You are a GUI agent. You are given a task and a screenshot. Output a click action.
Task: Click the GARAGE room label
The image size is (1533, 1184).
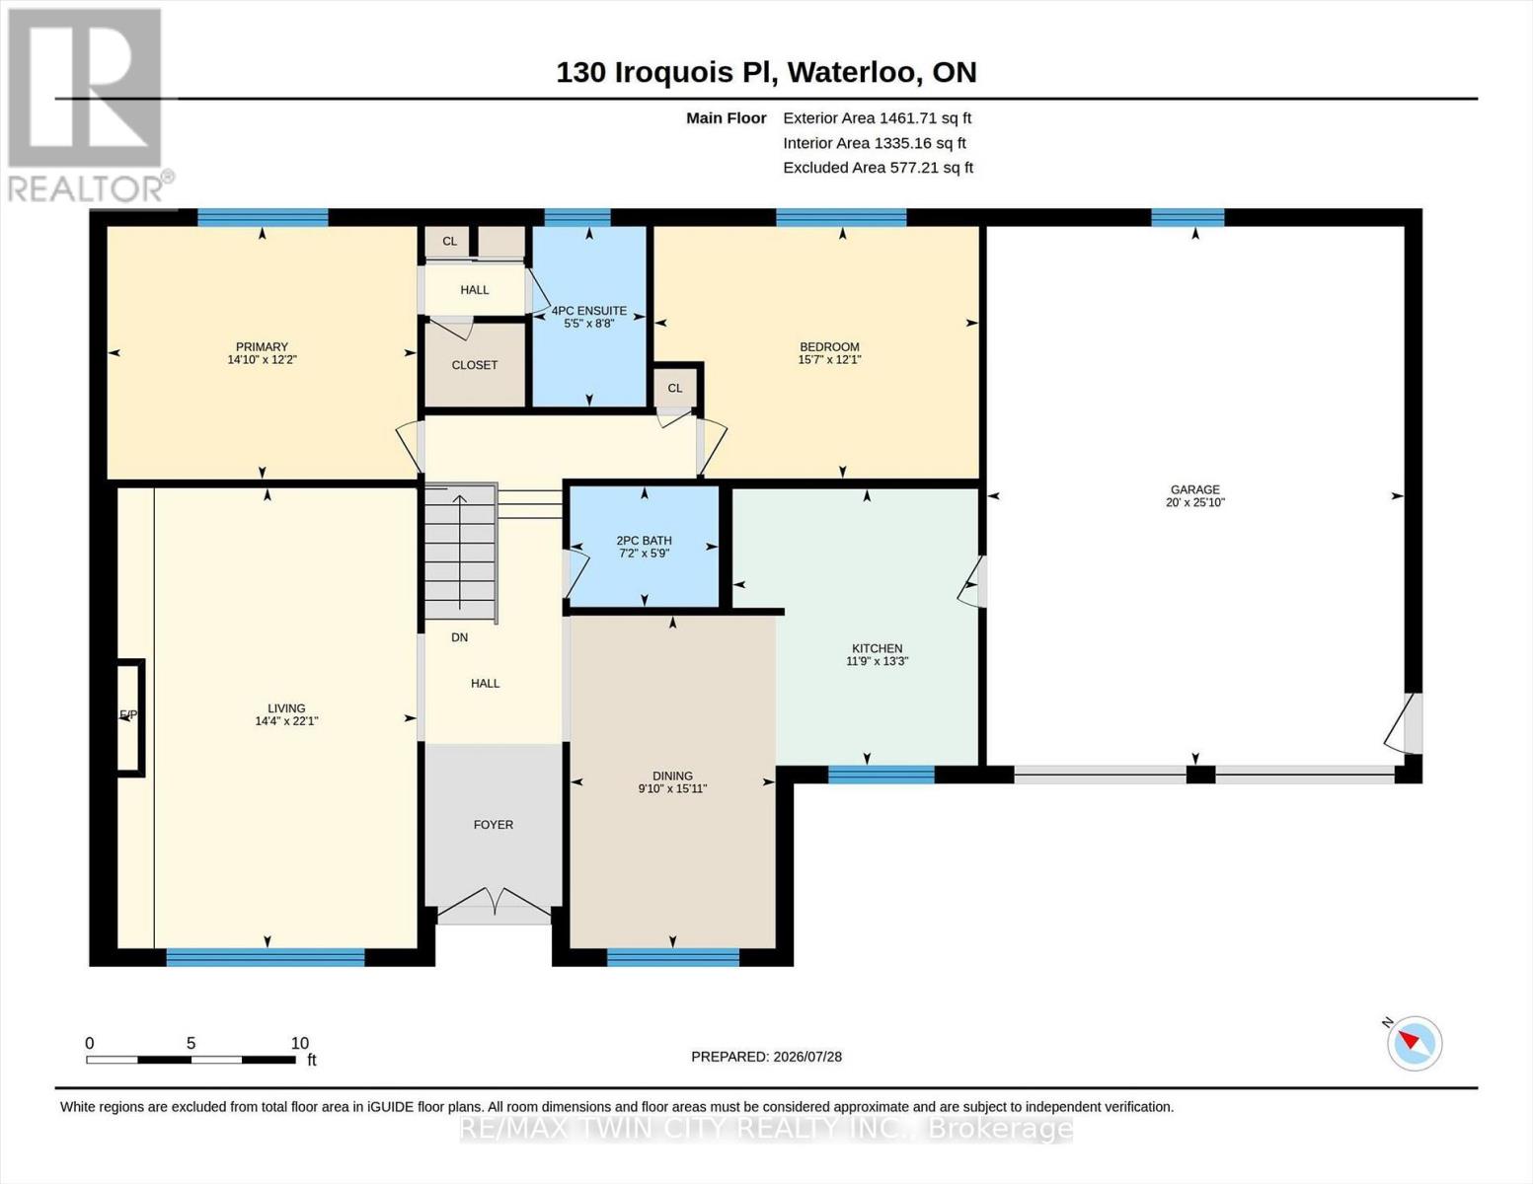[1195, 489]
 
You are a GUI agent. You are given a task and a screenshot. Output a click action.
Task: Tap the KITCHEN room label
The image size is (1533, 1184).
[877, 648]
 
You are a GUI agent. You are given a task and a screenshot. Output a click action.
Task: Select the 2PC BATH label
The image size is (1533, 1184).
[645, 541]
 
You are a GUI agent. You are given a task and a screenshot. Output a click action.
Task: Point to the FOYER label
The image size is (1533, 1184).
[494, 824]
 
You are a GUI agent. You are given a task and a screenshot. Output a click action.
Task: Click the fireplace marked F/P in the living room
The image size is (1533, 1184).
[130, 717]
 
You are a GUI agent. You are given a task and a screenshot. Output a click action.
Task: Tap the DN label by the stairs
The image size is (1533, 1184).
[459, 637]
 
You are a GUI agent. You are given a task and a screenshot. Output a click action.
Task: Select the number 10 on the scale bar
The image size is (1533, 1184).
[300, 1043]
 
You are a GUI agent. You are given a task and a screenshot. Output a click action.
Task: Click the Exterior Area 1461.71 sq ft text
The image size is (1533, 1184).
[877, 118]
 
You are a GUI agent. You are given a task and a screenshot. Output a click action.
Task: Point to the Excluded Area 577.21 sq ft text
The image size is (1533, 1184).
[878, 168]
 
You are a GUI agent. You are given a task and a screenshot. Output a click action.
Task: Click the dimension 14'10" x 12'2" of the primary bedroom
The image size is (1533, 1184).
[262, 360]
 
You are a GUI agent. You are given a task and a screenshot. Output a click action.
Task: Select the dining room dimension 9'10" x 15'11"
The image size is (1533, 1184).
[672, 788]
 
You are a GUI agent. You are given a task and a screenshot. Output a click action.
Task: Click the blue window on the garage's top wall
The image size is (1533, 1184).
[1188, 217]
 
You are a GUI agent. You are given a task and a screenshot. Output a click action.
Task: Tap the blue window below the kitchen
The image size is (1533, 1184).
[881, 775]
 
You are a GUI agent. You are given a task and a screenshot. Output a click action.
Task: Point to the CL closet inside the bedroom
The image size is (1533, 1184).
[675, 388]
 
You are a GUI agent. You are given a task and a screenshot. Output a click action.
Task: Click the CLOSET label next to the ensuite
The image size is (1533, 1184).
[475, 365]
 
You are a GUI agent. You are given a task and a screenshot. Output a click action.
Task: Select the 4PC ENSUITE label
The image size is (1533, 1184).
[589, 311]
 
